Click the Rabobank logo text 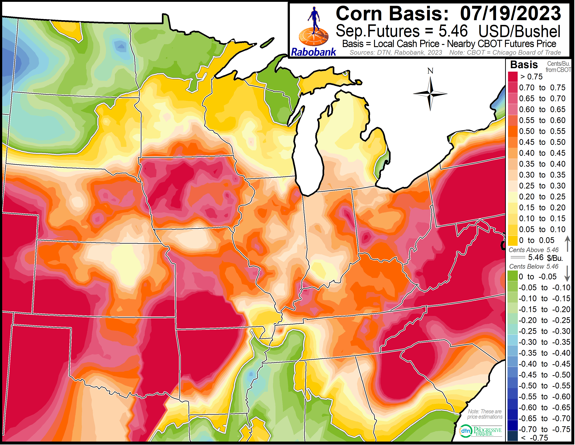pyautogui.click(x=313, y=52)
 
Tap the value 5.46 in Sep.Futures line pyautogui.click(x=453, y=31)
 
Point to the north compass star pyautogui.click(x=430, y=94)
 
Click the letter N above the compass pyautogui.click(x=430, y=71)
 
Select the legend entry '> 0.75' pyautogui.click(x=531, y=77)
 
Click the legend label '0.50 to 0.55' pyautogui.click(x=542, y=131)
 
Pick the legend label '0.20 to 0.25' pyautogui.click(x=542, y=197)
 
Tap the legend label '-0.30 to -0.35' pyautogui.click(x=544, y=342)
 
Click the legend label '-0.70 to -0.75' pyautogui.click(x=544, y=429)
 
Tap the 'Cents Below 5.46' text pyautogui.click(x=533, y=266)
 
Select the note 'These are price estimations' pyautogui.click(x=485, y=414)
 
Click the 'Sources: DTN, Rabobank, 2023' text pyautogui.click(x=395, y=53)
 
